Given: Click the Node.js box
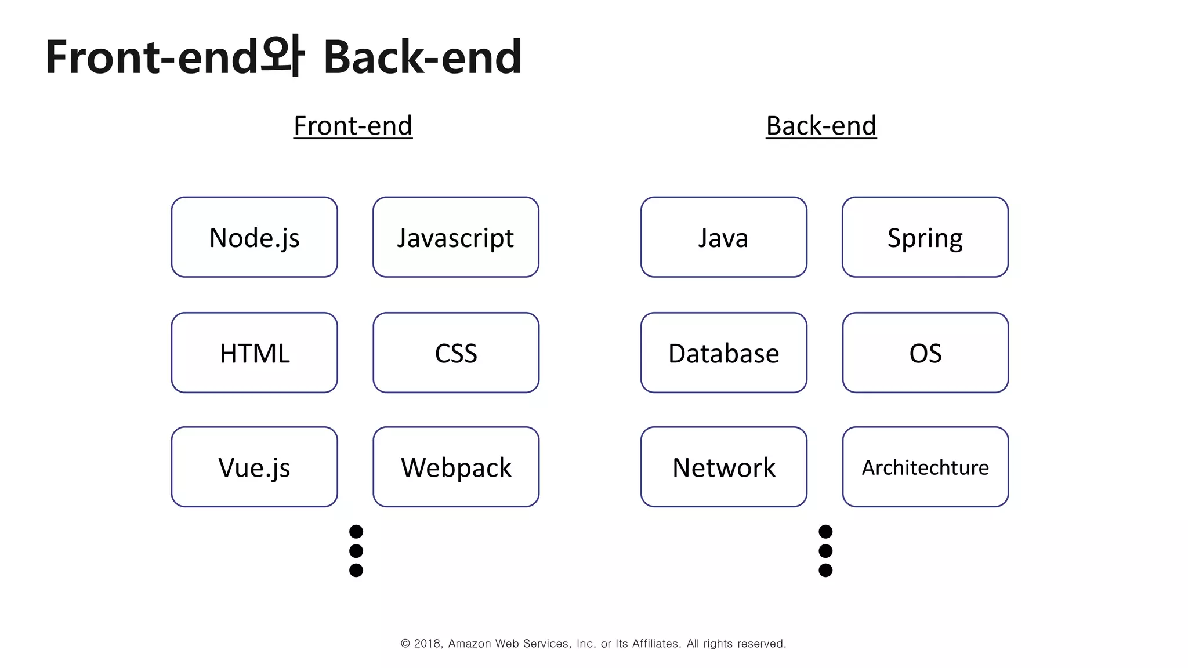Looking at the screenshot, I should click(254, 237).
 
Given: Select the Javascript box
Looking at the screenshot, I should click(455, 237).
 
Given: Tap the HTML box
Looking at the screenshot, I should click(254, 353).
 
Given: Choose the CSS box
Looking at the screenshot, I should click(455, 353).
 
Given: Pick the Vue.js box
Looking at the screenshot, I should click(254, 467).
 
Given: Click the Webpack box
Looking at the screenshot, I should click(455, 467).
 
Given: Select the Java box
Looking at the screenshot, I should click(723, 237).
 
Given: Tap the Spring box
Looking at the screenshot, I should click(925, 237).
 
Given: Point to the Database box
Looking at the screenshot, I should click(723, 353).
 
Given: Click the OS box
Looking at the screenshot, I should click(925, 353).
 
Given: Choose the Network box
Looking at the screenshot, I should click(723, 467).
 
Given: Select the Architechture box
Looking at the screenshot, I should click(925, 467).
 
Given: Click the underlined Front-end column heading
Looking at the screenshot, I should click(353, 126).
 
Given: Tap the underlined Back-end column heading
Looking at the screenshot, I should click(821, 126).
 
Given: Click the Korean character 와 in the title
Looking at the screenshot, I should click(282, 57).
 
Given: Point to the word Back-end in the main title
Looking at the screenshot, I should click(422, 57).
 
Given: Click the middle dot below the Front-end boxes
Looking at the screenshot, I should click(356, 551).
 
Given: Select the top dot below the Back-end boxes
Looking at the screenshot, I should click(825, 532).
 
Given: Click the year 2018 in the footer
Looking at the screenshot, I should click(428, 644).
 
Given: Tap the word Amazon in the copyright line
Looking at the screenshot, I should click(469, 644).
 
